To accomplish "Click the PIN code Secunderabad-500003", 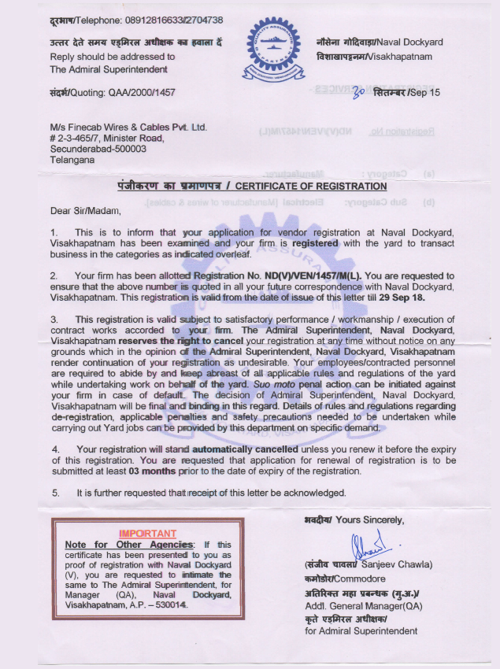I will click(98, 148).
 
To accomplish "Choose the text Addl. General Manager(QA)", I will click(363, 606).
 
